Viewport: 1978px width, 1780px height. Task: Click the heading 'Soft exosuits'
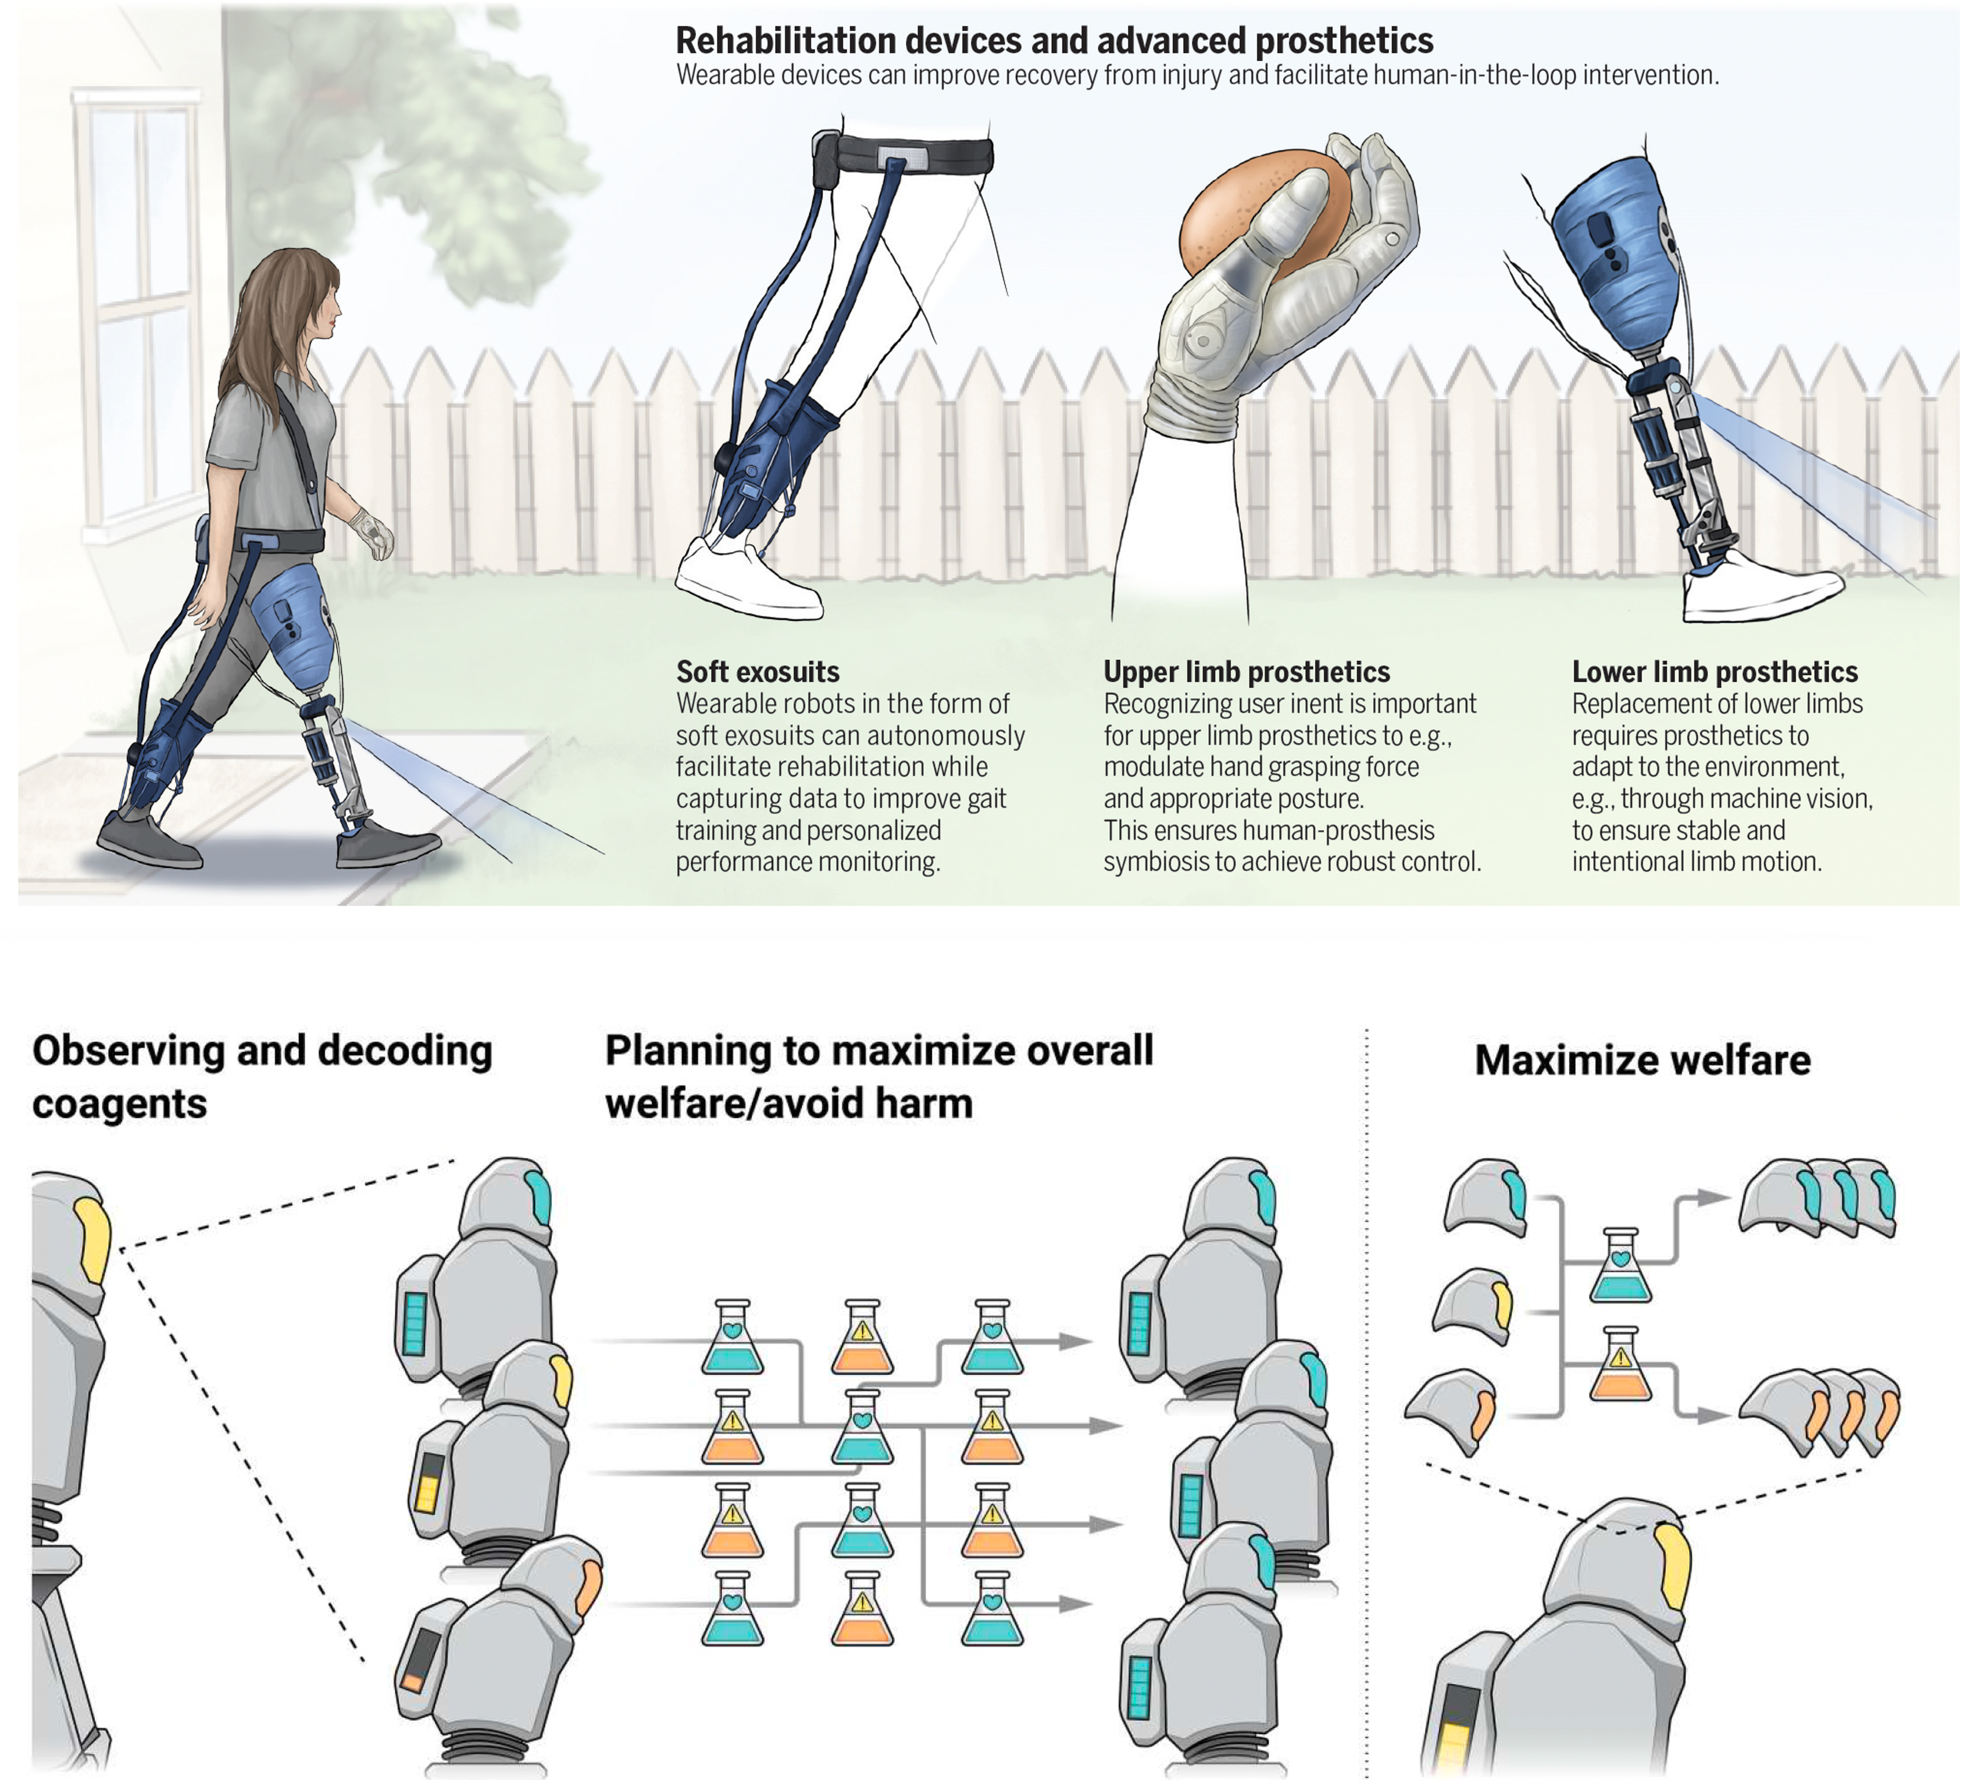click(x=757, y=672)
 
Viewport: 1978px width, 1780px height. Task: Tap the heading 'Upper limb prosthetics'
click(x=1246, y=672)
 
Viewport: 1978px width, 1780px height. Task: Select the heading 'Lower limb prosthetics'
click(x=1714, y=672)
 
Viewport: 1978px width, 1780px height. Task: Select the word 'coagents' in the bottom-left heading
click(x=119, y=1104)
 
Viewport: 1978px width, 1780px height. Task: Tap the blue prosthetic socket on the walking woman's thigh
click(x=291, y=626)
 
